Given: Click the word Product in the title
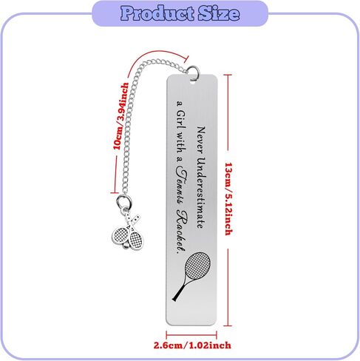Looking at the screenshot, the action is (x=157, y=14).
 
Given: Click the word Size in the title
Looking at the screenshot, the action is (x=219, y=13).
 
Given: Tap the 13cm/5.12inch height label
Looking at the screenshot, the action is (x=228, y=199).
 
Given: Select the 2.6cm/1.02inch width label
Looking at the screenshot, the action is (x=192, y=345).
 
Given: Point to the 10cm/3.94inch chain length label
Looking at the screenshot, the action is (x=120, y=116).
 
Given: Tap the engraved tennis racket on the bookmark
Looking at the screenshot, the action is (x=191, y=276).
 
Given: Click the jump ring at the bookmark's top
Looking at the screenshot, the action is (x=193, y=72).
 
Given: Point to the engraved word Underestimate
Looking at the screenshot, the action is (x=201, y=193).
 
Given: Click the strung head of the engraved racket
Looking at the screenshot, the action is (x=197, y=266).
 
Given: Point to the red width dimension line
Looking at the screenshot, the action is (x=191, y=335).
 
